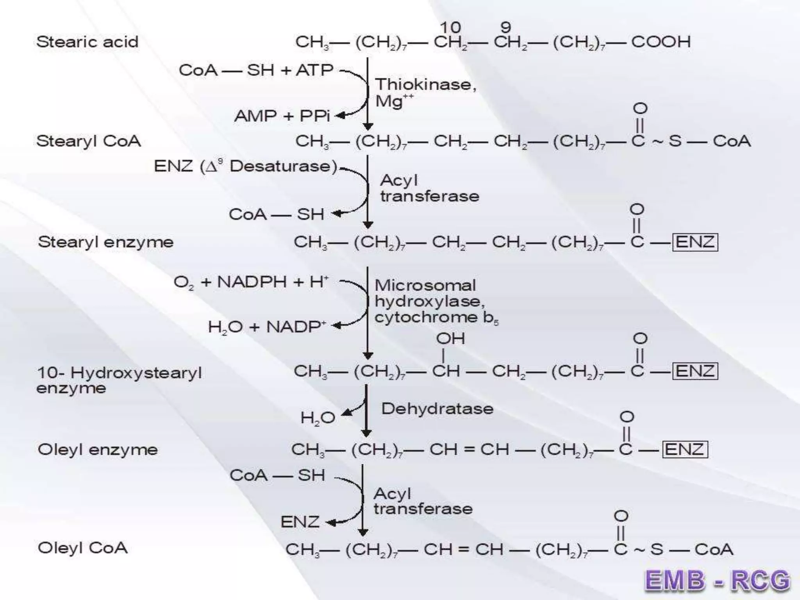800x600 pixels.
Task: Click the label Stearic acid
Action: [87, 42]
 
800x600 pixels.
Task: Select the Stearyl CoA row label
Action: [88, 141]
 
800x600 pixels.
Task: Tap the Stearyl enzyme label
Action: [105, 242]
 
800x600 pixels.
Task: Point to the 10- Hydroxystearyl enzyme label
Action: [119, 380]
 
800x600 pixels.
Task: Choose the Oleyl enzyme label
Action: [98, 450]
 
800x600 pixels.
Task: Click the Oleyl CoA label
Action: [82, 548]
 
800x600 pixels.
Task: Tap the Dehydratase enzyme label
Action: [437, 409]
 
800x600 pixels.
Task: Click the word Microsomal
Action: [425, 285]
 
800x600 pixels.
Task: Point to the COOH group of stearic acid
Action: [661, 42]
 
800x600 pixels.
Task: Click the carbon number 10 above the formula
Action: [450, 27]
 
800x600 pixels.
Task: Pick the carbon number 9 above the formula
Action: [505, 27]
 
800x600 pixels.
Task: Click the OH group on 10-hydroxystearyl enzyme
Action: [450, 338]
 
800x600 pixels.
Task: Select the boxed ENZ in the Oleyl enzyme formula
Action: [684, 449]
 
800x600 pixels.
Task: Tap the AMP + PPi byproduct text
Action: [282, 116]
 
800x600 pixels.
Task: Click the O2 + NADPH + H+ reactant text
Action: [251, 282]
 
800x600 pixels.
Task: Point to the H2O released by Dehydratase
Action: [318, 418]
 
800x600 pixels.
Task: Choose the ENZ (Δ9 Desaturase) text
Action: [245, 166]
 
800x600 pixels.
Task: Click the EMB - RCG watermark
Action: [717, 580]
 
